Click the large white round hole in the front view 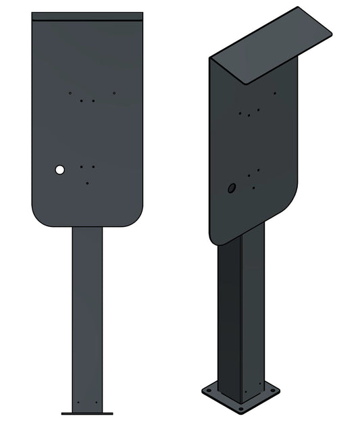coord(60,170)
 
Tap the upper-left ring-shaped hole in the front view coord(70,93)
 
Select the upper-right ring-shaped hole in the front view coord(114,93)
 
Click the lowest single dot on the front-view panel coord(87,182)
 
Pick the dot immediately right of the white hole coord(82,166)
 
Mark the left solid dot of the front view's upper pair coord(82,101)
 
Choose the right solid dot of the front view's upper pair coord(93,101)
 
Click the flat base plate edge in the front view coord(87,413)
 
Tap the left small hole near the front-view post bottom coord(78,403)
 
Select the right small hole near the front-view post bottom coord(96,403)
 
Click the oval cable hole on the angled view coord(232,188)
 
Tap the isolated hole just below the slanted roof coord(274,93)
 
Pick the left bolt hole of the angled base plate coord(209,391)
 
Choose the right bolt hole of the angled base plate coord(272,391)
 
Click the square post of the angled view coord(240,318)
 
